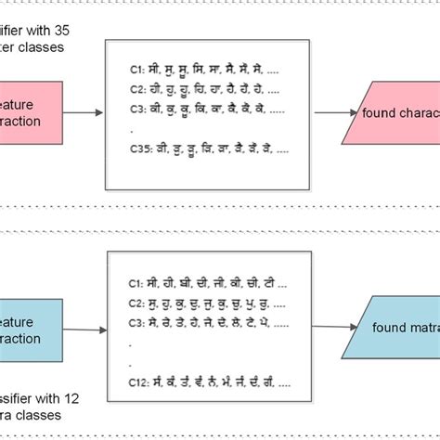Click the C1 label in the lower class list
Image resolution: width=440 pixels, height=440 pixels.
click(136, 281)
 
